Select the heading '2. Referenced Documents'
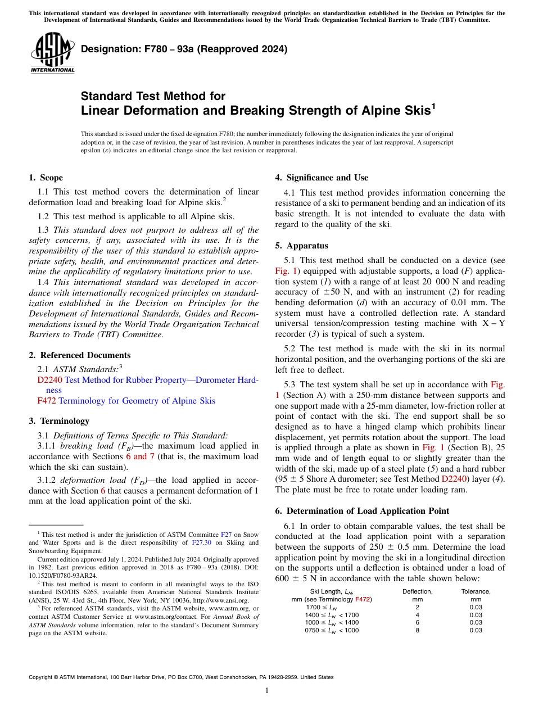tap(79, 355)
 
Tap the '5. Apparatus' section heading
tap(301, 246)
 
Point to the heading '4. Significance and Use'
tap(322, 178)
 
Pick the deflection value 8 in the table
tap(417, 630)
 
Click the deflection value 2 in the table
tap(417, 607)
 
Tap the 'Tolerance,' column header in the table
tap(476, 591)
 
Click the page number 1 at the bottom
tap(267, 691)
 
